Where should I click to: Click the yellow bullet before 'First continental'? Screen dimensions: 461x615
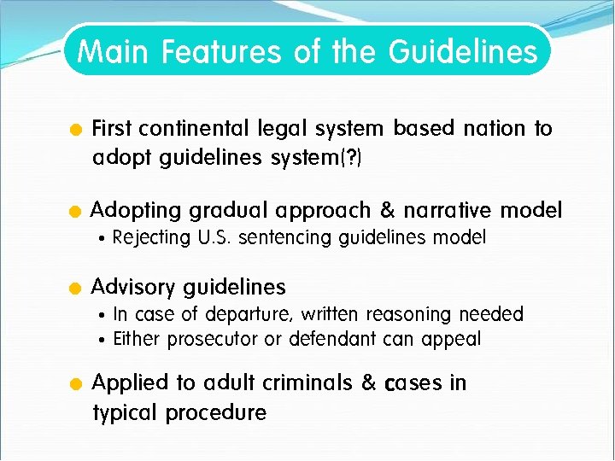pyautogui.click(x=75, y=131)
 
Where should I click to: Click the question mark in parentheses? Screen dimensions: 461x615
pyautogui.click(x=355, y=158)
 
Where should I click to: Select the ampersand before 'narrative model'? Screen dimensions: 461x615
pyautogui.click(x=387, y=211)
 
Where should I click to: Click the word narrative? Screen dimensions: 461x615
pyautogui.click(x=449, y=211)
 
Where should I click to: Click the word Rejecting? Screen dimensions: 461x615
pyautogui.click(x=151, y=237)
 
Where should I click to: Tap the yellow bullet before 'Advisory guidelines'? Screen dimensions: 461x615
pyautogui.click(x=75, y=288)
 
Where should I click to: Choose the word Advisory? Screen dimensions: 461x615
pyautogui.click(x=134, y=287)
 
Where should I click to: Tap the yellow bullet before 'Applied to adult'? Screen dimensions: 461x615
pyautogui.click(x=75, y=384)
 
